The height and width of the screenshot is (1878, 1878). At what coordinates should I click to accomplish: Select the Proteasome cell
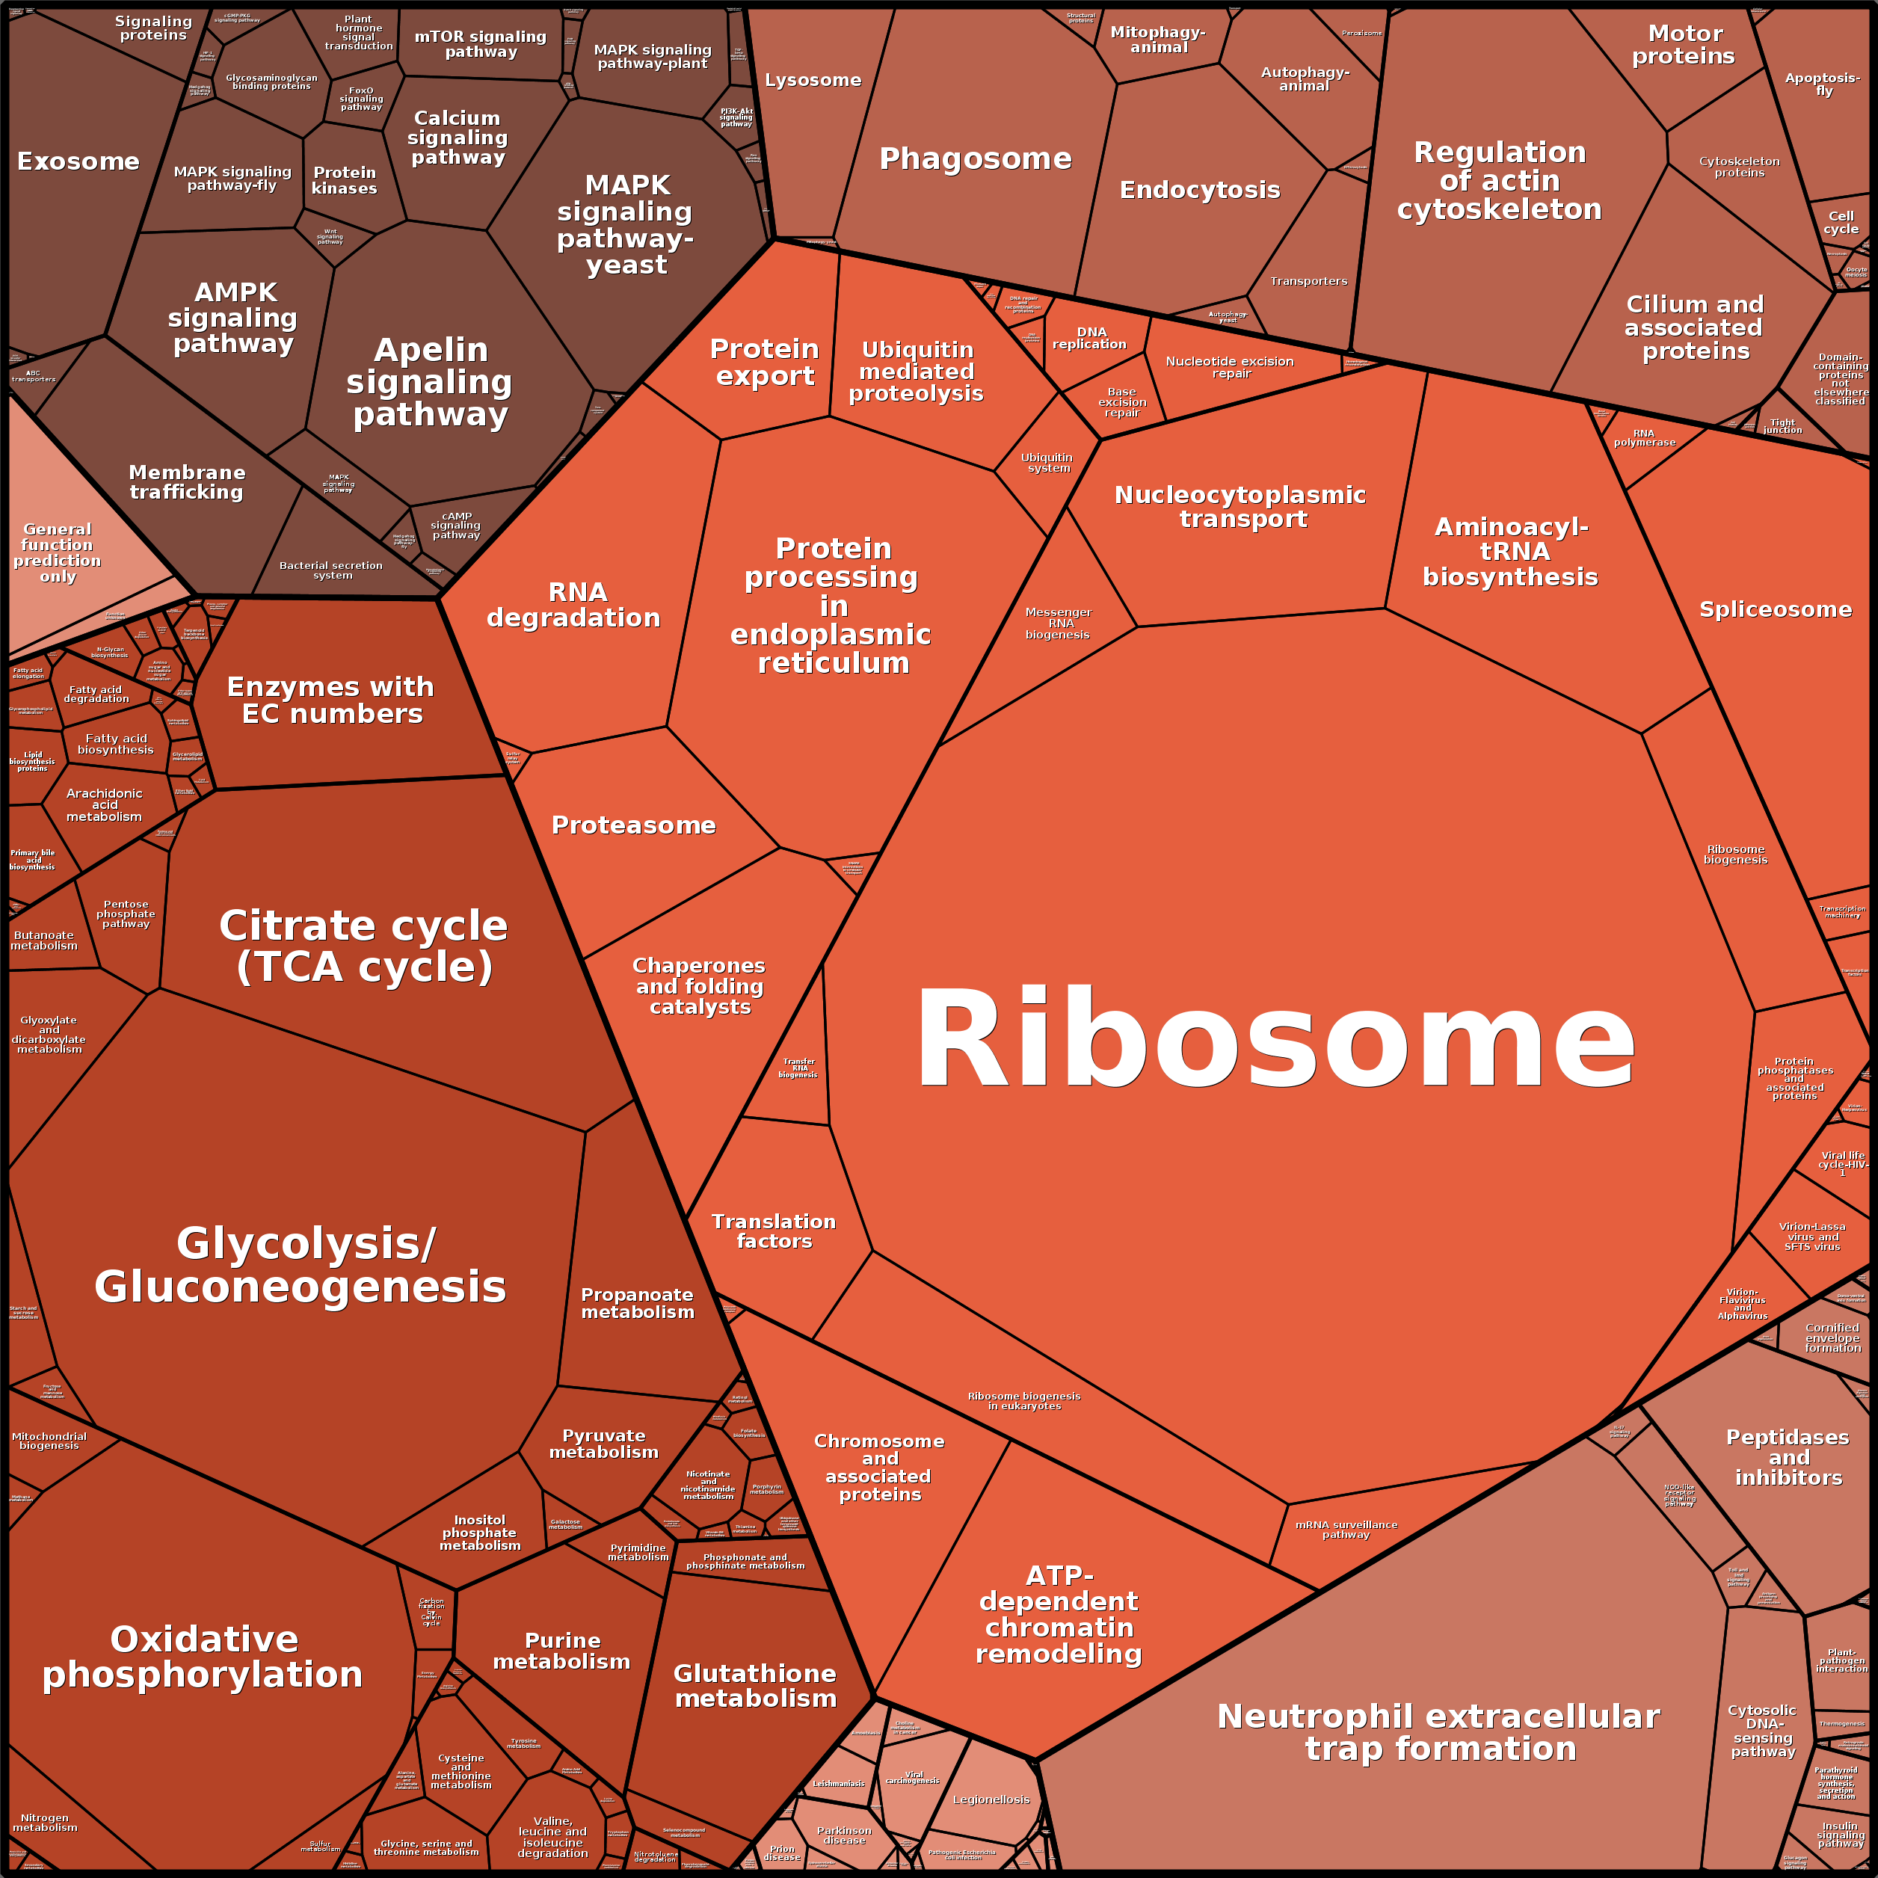click(634, 826)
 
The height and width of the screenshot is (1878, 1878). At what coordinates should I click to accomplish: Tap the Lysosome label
click(813, 80)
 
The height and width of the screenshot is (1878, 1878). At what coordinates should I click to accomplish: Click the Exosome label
click(78, 161)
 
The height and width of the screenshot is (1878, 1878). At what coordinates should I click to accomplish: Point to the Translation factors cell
click(774, 1231)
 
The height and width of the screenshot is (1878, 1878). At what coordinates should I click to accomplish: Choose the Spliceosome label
click(1775, 609)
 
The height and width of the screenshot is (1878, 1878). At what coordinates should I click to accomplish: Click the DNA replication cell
click(1091, 340)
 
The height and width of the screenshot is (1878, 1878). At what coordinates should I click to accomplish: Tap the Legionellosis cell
click(991, 1800)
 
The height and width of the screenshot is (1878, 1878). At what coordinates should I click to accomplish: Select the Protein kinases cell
click(344, 181)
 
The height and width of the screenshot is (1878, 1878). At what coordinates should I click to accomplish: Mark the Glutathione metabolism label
click(755, 1686)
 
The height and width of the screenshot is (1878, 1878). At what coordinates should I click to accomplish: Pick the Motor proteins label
click(1684, 46)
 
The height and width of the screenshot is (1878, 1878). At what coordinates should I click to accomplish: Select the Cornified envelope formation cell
click(1832, 1338)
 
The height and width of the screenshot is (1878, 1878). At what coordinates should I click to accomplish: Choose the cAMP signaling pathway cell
click(457, 526)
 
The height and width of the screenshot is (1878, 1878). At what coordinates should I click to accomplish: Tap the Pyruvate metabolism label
click(603, 1444)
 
